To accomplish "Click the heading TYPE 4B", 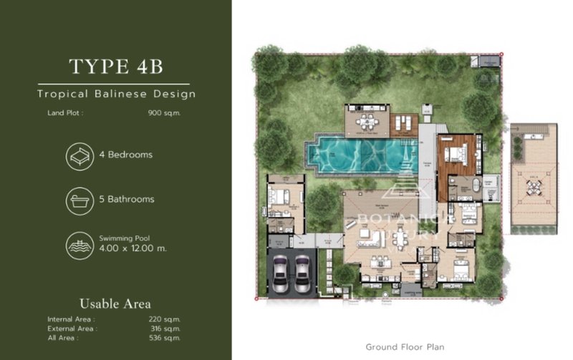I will click(116, 66).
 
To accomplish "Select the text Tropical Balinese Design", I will click(116, 94).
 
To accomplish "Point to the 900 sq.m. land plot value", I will click(163, 112).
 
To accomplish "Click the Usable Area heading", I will click(115, 303).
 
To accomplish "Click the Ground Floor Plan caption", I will click(405, 347).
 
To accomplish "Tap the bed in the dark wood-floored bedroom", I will click(456, 152).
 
